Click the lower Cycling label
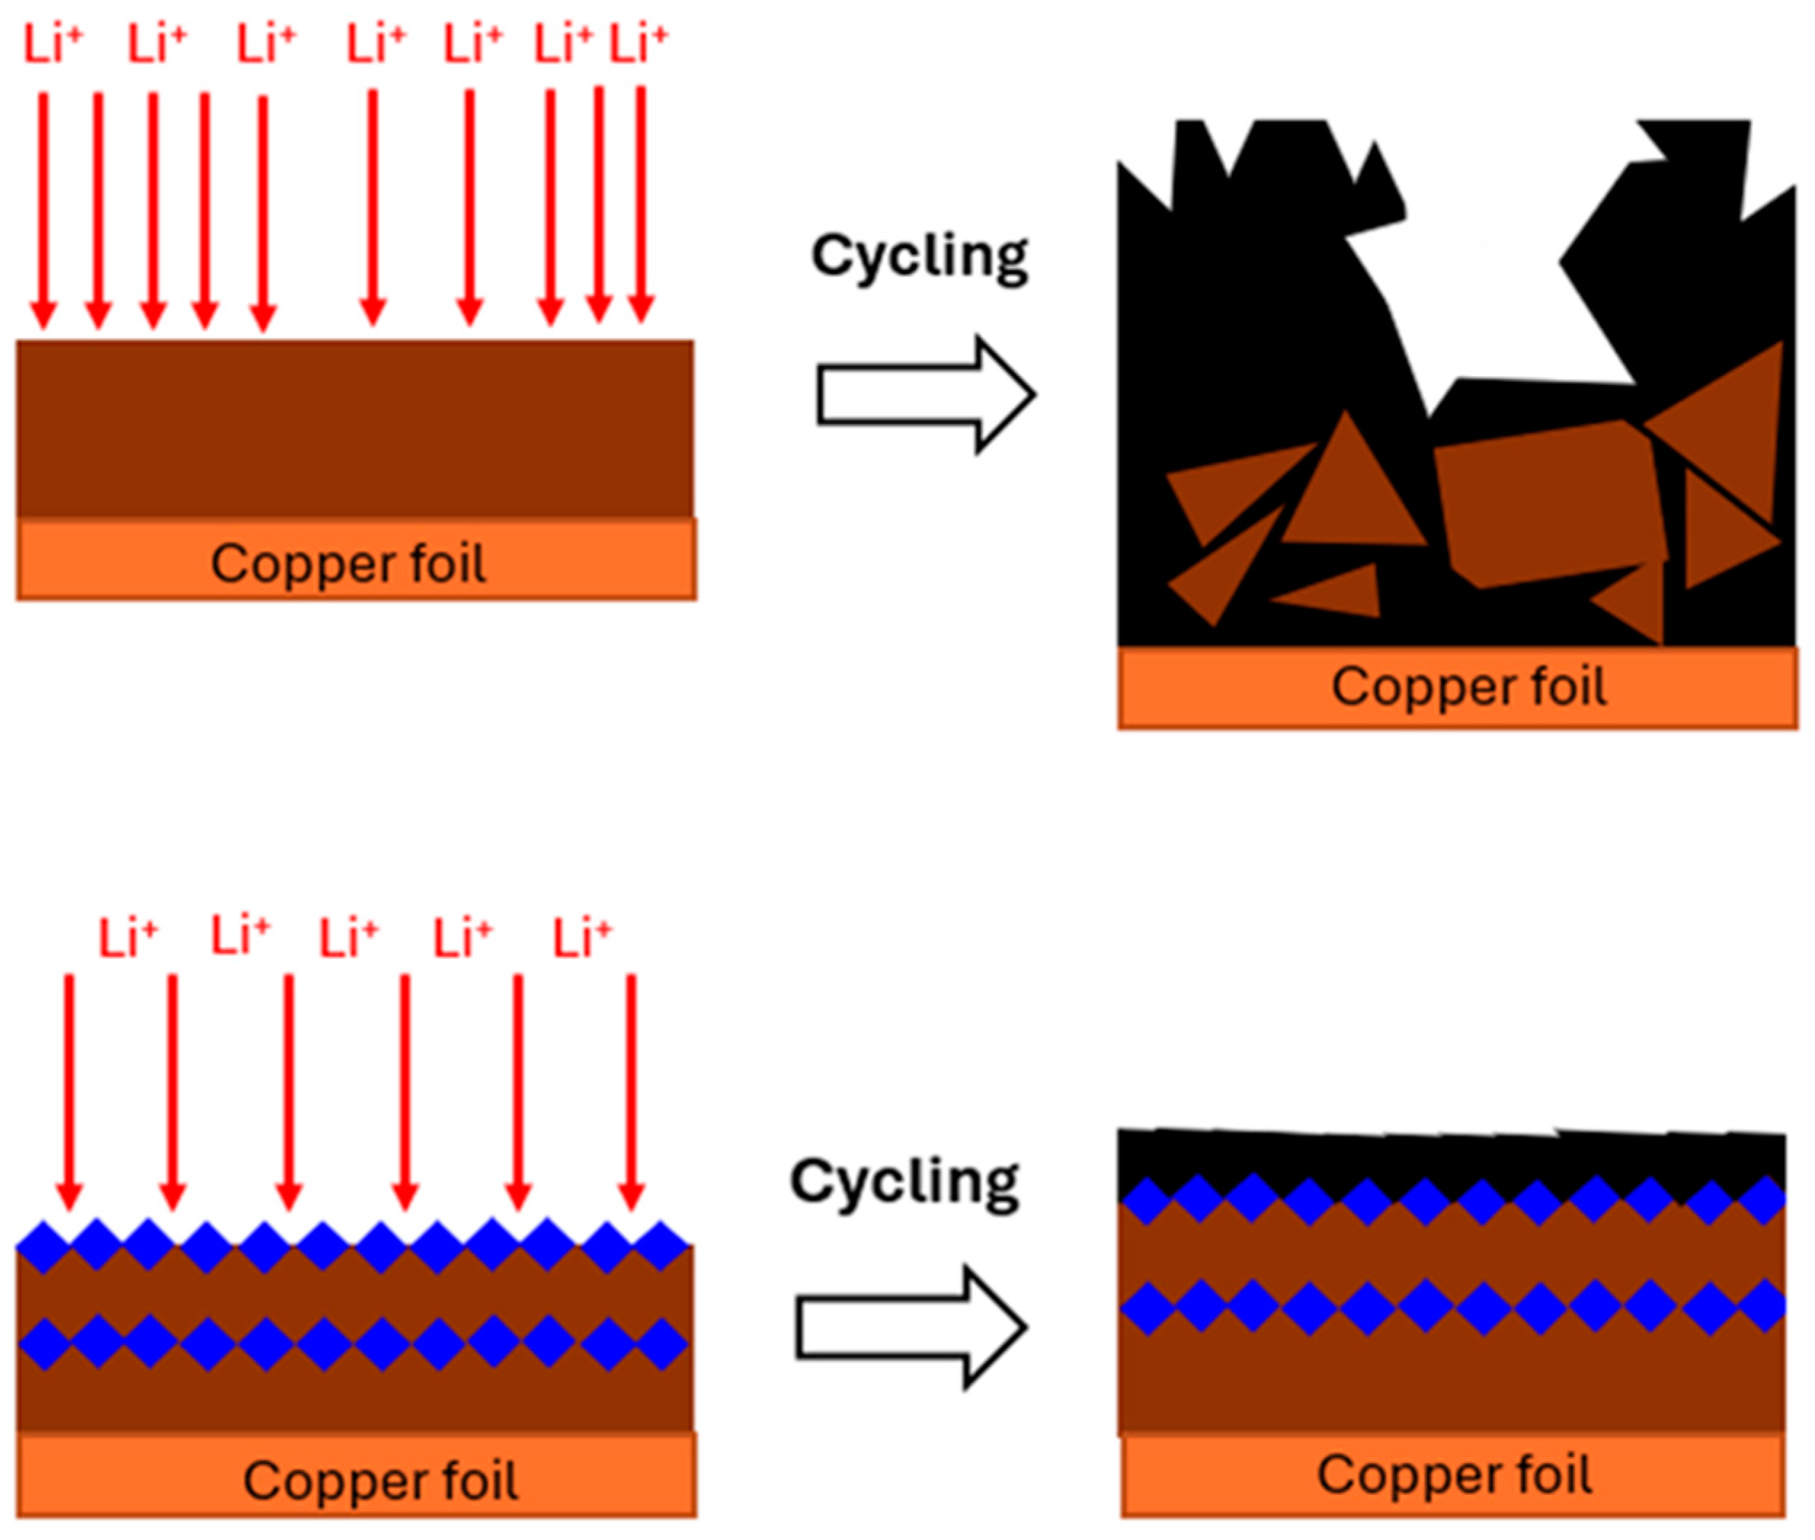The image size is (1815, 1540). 903,1181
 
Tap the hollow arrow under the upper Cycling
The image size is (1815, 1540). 925,394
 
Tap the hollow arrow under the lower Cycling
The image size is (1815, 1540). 909,1326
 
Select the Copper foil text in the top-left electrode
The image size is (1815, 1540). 348,563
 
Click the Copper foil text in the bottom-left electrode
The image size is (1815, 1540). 380,1480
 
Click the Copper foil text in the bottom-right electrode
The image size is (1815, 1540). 1454,1475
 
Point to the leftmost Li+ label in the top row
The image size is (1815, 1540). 51,44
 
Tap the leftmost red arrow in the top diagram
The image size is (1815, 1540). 44,210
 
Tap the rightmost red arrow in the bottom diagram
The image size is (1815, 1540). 631,1091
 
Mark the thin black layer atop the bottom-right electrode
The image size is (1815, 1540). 1449,1157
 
